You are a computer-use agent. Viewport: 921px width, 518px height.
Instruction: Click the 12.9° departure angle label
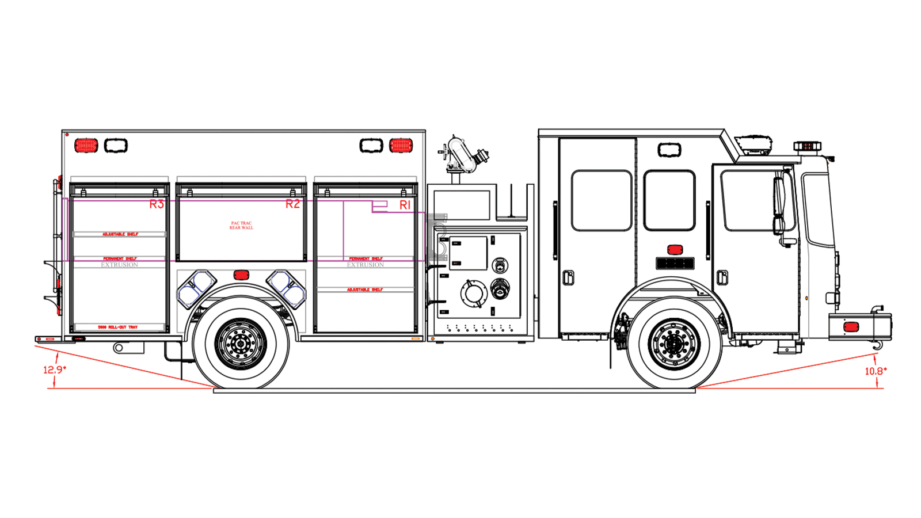coord(55,370)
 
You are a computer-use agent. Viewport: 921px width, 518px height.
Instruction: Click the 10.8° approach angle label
coord(876,371)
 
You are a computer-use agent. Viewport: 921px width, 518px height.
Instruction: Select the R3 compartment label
coord(157,204)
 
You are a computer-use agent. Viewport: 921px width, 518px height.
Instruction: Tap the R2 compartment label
coord(292,204)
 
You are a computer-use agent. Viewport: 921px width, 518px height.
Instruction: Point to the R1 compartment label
coord(405,205)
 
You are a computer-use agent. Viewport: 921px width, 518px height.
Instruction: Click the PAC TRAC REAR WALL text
coord(241,226)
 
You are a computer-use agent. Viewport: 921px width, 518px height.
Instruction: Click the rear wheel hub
coord(241,344)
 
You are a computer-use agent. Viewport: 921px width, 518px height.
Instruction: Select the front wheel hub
coord(674,344)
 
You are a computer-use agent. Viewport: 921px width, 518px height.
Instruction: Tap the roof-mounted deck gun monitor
coord(463,154)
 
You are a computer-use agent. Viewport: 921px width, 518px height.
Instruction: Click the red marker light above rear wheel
coord(241,275)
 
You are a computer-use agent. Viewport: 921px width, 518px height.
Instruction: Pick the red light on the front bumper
coord(851,327)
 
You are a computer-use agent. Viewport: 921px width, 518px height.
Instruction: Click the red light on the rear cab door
coord(675,250)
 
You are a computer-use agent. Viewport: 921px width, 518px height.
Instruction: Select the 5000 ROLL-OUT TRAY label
coord(118,327)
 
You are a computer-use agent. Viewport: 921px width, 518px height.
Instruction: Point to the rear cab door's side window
coord(669,200)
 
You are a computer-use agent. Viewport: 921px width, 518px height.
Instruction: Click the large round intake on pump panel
coord(474,293)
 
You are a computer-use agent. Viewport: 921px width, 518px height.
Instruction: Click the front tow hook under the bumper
coord(877,345)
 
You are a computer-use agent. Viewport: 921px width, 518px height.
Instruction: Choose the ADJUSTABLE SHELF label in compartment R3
coord(120,234)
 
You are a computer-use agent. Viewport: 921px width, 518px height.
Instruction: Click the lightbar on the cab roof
coord(807,146)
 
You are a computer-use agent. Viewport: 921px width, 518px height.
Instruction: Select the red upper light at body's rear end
coord(86,145)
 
